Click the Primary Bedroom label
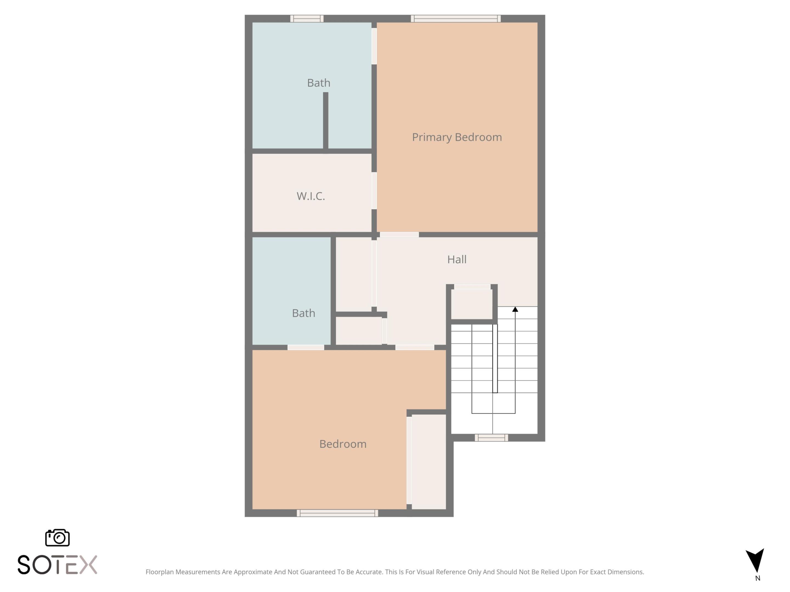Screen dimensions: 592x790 click(x=457, y=137)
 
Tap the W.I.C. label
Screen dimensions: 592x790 click(x=311, y=196)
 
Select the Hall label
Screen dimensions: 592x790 click(x=457, y=260)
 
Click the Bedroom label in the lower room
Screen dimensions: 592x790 click(x=343, y=444)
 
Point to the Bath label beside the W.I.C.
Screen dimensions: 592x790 click(x=318, y=83)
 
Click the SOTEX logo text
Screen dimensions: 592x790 click(x=57, y=565)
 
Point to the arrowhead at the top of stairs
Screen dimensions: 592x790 click(x=515, y=309)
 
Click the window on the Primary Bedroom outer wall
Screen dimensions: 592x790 click(x=455, y=19)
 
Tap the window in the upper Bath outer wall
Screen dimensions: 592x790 click(x=307, y=19)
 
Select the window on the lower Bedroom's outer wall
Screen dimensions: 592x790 click(x=337, y=513)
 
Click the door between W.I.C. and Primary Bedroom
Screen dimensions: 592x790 click(x=374, y=191)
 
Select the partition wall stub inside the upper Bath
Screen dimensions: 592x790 click(x=326, y=120)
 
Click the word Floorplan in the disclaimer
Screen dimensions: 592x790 click(x=159, y=572)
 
